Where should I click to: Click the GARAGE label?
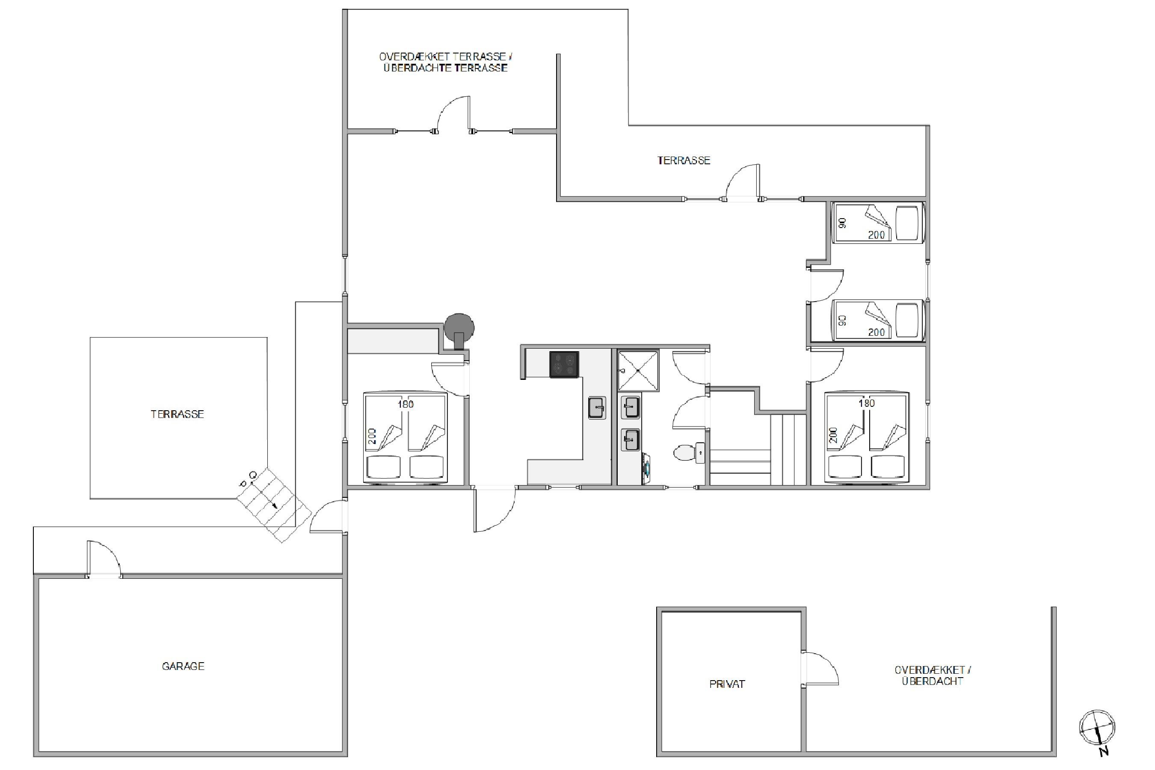(183, 666)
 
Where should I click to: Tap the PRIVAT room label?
(727, 684)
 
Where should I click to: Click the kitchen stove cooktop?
(564, 364)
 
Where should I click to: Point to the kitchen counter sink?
(597, 408)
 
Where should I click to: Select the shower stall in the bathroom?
(638, 371)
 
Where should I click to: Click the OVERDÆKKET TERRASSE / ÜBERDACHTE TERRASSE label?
(445, 62)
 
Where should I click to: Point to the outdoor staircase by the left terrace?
(274, 505)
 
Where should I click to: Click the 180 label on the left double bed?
(406, 404)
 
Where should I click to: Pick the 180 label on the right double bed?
(867, 403)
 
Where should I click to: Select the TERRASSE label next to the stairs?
(177, 414)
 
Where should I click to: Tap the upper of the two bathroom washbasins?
(631, 407)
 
